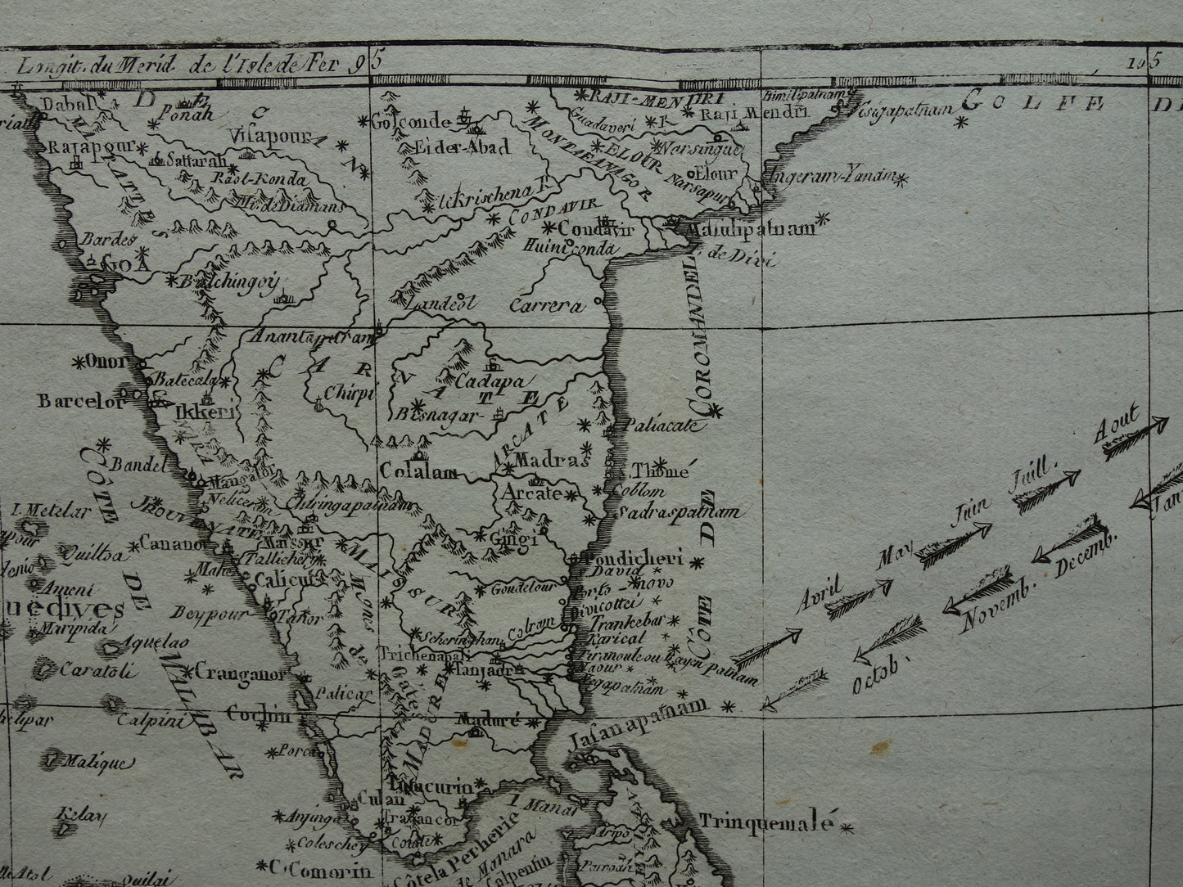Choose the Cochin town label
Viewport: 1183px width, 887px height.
[260, 714]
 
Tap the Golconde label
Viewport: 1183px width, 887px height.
[413, 122]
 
